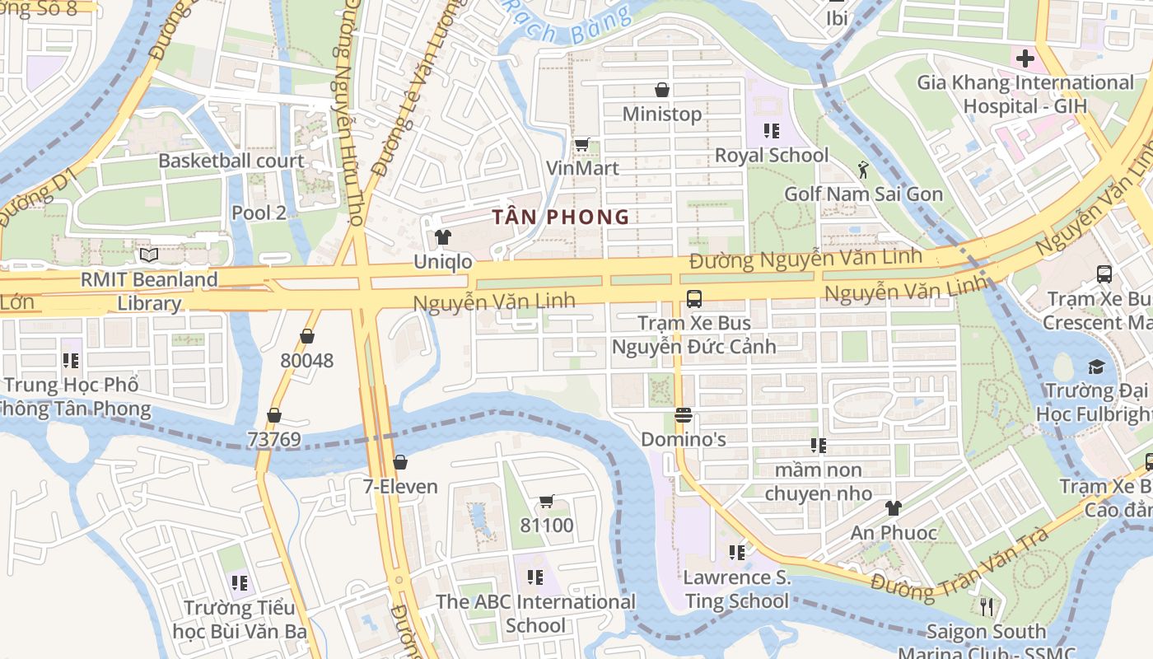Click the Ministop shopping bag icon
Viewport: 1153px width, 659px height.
pyautogui.click(x=661, y=89)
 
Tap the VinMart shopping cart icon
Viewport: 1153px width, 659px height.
pyautogui.click(x=582, y=144)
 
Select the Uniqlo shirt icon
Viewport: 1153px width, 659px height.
pyautogui.click(x=443, y=237)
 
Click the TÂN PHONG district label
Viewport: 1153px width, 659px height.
pyautogui.click(x=561, y=217)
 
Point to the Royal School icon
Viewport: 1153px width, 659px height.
pyautogui.click(x=772, y=130)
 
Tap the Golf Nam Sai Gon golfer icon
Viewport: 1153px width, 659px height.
pyautogui.click(x=862, y=170)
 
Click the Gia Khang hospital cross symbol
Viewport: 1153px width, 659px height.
pyautogui.click(x=1025, y=58)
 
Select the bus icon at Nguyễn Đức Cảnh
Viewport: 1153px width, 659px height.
pyautogui.click(x=693, y=298)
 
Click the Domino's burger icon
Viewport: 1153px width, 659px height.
pyautogui.click(x=683, y=414)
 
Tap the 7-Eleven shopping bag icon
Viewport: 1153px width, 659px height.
pyautogui.click(x=400, y=462)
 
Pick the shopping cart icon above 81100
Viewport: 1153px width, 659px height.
pyautogui.click(x=546, y=501)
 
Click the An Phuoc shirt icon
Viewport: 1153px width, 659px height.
pyautogui.click(x=893, y=508)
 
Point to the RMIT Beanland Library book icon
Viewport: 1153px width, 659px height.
pyautogui.click(x=149, y=255)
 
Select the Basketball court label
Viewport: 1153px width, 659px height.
pyautogui.click(x=231, y=161)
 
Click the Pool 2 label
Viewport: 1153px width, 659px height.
pyautogui.click(x=259, y=213)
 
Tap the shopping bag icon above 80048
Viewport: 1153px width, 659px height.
pyautogui.click(x=307, y=336)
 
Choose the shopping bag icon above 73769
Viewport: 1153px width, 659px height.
pyautogui.click(x=274, y=415)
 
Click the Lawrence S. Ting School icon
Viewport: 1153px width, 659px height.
pyautogui.click(x=737, y=552)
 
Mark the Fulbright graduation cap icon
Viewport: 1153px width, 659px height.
pyautogui.click(x=1096, y=367)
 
